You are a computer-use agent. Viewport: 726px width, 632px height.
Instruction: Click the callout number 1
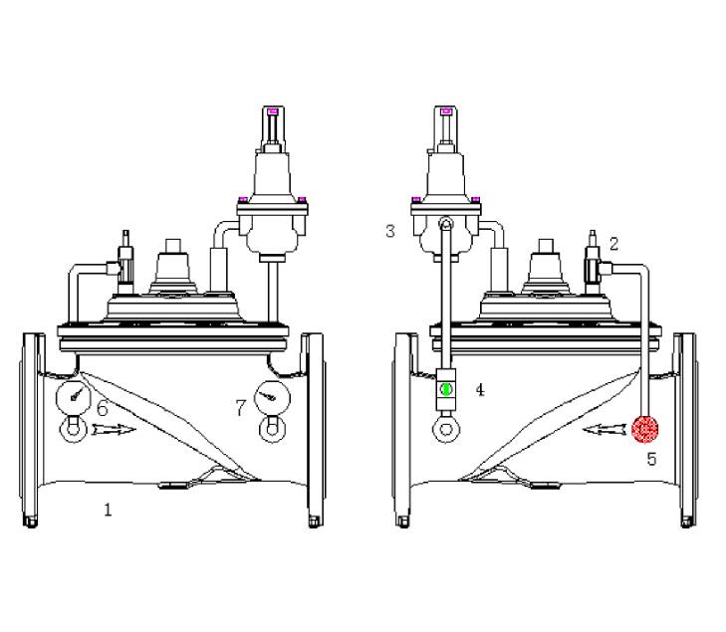[108, 510]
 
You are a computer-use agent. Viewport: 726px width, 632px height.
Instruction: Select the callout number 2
[614, 243]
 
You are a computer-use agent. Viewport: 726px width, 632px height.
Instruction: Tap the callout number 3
[390, 231]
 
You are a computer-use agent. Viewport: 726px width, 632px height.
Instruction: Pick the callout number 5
[651, 460]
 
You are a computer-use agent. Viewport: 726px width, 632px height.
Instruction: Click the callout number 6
[102, 407]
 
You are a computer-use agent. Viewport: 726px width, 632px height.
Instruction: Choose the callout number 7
[239, 407]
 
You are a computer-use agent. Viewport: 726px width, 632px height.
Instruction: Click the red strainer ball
[645, 429]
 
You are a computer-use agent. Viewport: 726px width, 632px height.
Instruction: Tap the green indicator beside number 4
[446, 389]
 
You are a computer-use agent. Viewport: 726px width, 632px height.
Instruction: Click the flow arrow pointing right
[110, 431]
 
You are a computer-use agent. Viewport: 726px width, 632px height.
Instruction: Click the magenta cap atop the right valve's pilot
[446, 110]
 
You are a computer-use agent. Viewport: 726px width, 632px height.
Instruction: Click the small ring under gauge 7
[268, 429]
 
